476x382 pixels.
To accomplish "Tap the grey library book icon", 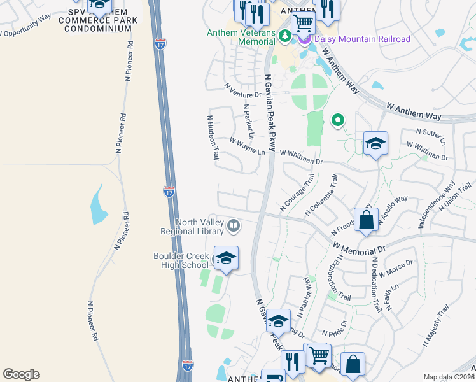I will (234, 226).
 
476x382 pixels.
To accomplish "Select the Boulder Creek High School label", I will (181, 260).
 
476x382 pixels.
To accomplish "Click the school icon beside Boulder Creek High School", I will (226, 258).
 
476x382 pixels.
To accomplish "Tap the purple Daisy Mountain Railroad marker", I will (304, 38).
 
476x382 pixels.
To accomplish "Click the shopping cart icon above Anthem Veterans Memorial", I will (303, 24).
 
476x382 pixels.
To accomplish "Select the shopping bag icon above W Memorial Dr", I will (366, 220).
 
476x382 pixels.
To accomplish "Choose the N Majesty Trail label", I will (436, 325).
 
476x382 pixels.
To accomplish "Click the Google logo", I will (21, 374).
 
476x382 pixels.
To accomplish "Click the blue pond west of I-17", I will (99, 205).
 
